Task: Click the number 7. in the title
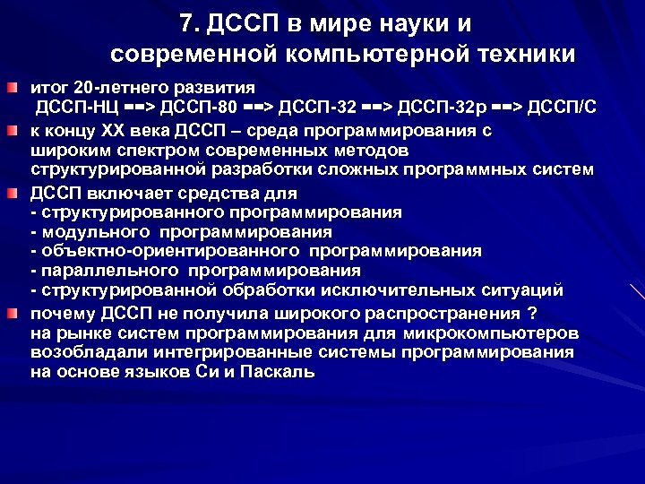pyautogui.click(x=190, y=22)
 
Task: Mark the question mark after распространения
pyautogui.click(x=532, y=314)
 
